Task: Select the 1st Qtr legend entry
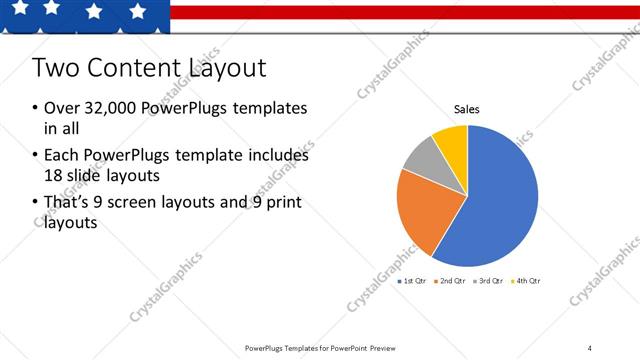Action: [x=413, y=281]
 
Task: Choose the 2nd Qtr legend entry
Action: [x=452, y=281]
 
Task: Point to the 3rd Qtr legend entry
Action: [x=490, y=281]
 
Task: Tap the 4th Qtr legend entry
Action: [x=527, y=281]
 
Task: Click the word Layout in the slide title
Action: [x=228, y=68]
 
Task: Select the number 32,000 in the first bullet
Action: [x=102, y=108]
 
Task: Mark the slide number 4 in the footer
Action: [x=590, y=348]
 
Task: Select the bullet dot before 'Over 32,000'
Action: [x=35, y=108]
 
